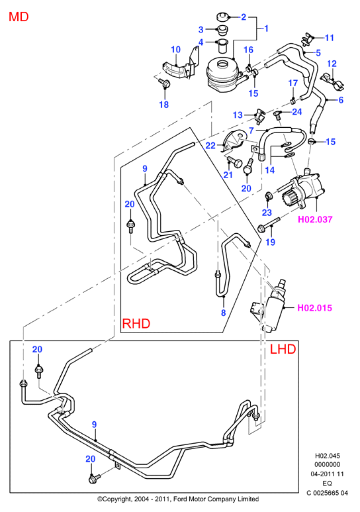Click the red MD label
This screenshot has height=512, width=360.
pos(19,17)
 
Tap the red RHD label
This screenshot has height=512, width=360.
pos(136,323)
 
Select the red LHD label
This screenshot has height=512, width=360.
pos(283,349)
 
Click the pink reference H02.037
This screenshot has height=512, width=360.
pos(315,219)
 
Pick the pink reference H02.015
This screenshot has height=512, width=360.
pos(314,307)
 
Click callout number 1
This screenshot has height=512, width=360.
pos(266,28)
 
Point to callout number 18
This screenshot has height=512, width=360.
pos(164,104)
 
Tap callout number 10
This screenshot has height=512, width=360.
pos(175,50)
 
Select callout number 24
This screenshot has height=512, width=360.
pos(297,112)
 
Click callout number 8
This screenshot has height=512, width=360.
pos(223,313)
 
